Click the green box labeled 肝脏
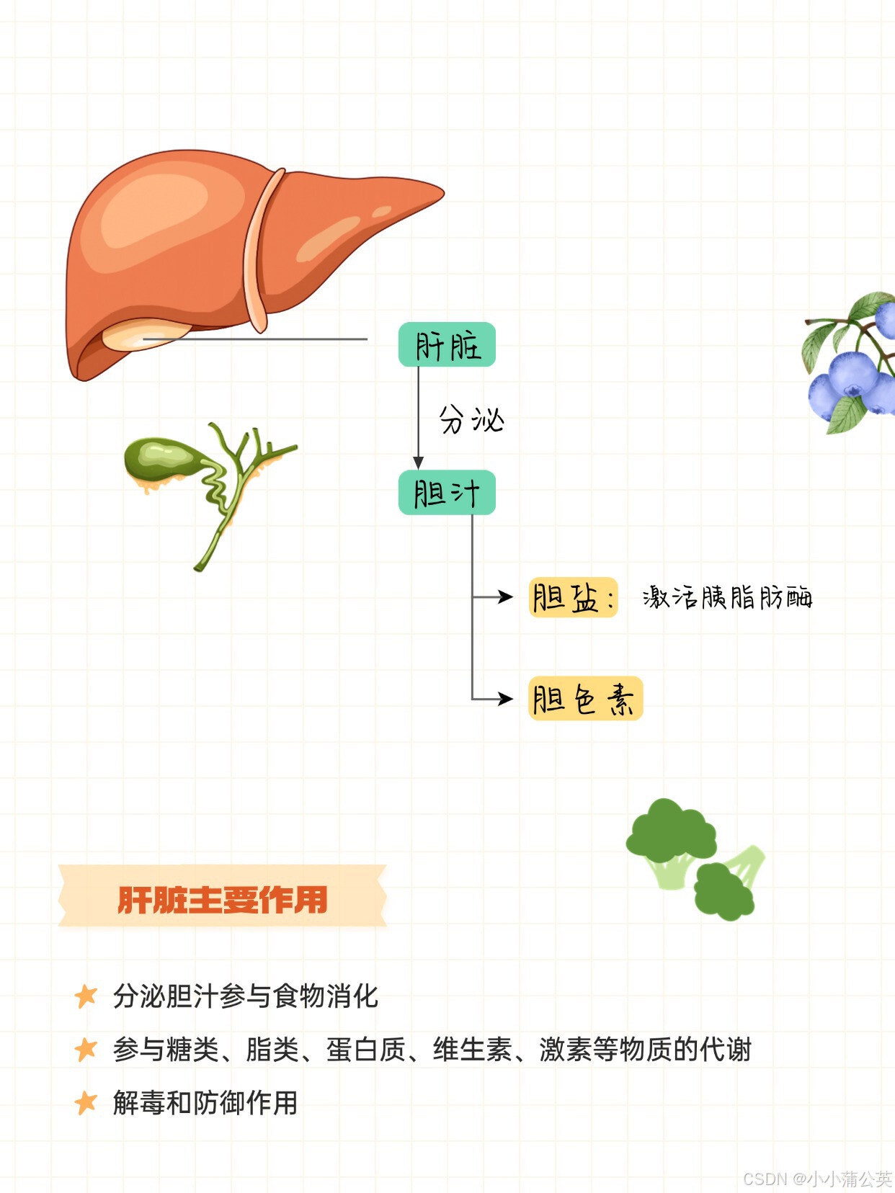[x=447, y=345]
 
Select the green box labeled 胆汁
[x=447, y=493]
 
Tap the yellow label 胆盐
[x=573, y=597]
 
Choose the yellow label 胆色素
[x=585, y=699]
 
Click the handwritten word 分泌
[x=471, y=419]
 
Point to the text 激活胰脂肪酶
[x=727, y=597]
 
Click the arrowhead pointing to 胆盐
[x=506, y=596]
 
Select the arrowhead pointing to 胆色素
[x=506, y=698]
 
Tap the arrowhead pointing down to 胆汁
[x=418, y=463]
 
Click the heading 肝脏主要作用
[x=223, y=899]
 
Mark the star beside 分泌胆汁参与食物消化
[x=86, y=996]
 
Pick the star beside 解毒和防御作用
[x=86, y=1102]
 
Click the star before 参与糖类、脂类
[x=86, y=1049]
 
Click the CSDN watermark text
[x=817, y=1179]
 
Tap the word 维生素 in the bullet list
[x=472, y=1050]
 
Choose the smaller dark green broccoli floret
[x=723, y=892]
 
